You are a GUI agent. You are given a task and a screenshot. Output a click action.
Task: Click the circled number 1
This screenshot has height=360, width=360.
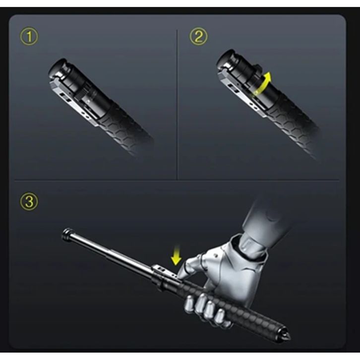pyautogui.click(x=29, y=37)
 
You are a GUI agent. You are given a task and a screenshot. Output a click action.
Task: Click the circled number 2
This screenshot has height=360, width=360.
pyautogui.click(x=198, y=37)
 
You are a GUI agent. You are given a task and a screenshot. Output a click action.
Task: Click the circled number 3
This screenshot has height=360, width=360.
pyautogui.click(x=29, y=202)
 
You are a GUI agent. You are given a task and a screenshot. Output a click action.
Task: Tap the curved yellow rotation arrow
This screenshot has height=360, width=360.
pyautogui.click(x=263, y=84)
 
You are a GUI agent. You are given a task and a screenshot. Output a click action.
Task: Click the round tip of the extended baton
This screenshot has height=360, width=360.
pyautogui.click(x=67, y=235)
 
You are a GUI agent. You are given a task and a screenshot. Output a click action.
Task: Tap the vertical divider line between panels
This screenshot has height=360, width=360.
pyautogui.click(x=177, y=105)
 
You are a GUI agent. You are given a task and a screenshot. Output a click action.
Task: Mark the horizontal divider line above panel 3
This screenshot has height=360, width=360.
pyautogui.click(x=177, y=180)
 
